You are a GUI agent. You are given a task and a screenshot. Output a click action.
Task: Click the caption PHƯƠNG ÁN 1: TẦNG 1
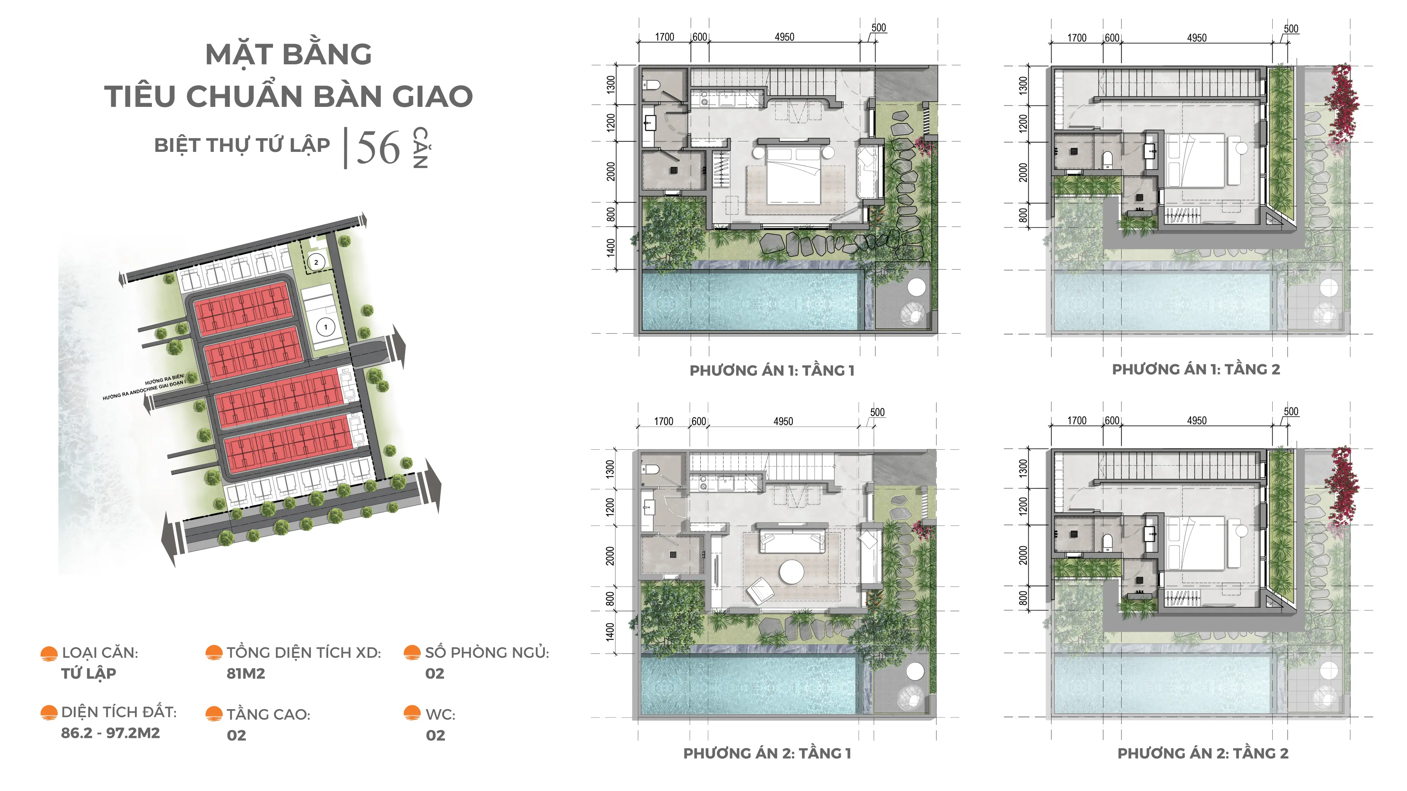772,371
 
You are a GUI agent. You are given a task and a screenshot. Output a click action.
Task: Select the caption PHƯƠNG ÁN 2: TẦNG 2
1203,753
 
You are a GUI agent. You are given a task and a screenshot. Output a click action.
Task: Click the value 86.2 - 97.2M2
110,733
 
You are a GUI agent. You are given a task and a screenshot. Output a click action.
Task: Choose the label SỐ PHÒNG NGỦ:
487,652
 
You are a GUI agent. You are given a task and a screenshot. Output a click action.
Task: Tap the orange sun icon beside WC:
412,713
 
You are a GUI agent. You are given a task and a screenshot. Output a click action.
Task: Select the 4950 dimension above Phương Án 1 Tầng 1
784,37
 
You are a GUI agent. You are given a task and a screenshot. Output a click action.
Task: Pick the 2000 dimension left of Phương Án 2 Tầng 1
610,556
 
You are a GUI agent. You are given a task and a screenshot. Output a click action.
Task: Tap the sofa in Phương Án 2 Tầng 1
790,540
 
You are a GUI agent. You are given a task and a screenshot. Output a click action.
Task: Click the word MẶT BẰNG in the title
289,54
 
